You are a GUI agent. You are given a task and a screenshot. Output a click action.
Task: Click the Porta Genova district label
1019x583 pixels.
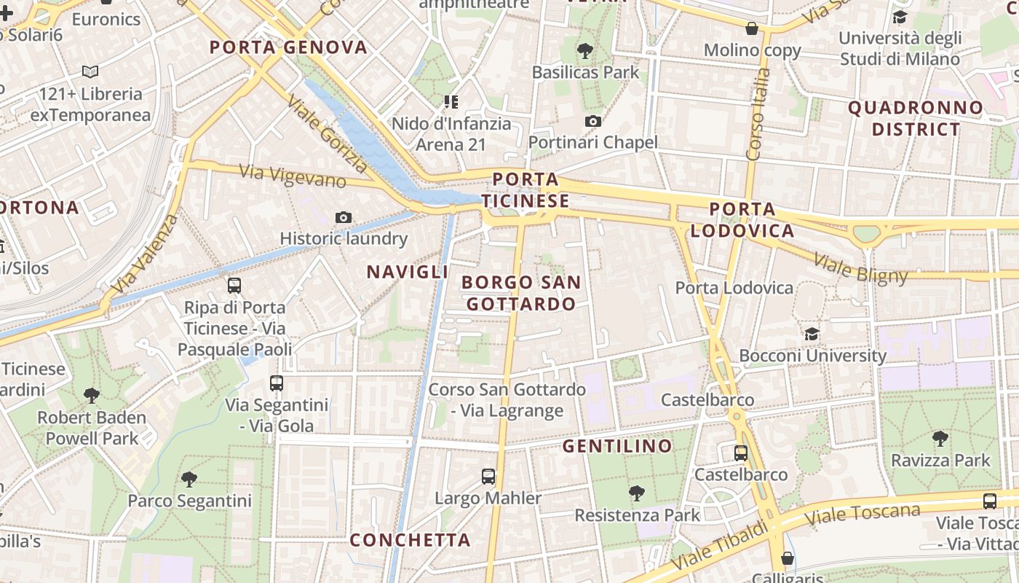pyautogui.click(x=289, y=48)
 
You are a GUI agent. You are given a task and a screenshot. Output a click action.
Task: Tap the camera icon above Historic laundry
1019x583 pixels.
pyautogui.click(x=344, y=217)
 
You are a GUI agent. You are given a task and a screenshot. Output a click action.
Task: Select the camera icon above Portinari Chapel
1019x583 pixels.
pyautogui.click(x=593, y=121)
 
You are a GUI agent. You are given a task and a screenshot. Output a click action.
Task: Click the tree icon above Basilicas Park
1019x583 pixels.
pyautogui.click(x=584, y=50)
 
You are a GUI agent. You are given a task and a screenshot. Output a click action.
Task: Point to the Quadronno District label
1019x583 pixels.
pyautogui.click(x=916, y=119)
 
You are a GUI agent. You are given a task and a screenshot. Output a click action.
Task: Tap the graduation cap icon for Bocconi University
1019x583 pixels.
pyautogui.click(x=812, y=334)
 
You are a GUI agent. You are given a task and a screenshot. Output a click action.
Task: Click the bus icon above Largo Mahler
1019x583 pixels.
pyautogui.click(x=488, y=477)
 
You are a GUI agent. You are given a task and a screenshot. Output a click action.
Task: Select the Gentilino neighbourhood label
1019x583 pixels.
pyautogui.click(x=617, y=446)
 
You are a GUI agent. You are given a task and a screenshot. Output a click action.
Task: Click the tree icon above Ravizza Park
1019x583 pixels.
pyautogui.click(x=940, y=438)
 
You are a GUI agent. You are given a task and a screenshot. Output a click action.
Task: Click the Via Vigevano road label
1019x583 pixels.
pyautogui.click(x=292, y=176)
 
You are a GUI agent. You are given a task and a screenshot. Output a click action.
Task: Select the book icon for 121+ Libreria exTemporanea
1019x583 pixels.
pyautogui.click(x=90, y=72)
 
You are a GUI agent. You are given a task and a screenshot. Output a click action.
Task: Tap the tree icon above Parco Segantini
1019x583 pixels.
pyautogui.click(x=189, y=479)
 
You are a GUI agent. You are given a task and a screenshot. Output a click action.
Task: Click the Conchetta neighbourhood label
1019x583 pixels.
pyautogui.click(x=411, y=540)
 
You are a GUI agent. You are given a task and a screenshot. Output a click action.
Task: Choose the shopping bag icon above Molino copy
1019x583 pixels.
pyautogui.click(x=752, y=29)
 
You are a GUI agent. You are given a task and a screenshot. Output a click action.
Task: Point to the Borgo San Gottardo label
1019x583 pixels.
pyautogui.click(x=521, y=293)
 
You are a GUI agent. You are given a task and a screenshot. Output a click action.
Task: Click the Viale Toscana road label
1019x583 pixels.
pyautogui.click(x=862, y=514)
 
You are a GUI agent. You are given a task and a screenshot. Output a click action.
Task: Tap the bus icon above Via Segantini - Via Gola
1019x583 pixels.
pyautogui.click(x=277, y=383)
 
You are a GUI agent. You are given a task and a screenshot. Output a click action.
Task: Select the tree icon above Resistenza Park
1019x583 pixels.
pyautogui.click(x=637, y=493)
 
